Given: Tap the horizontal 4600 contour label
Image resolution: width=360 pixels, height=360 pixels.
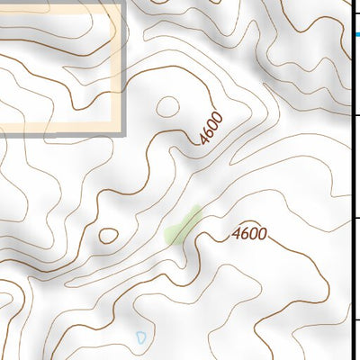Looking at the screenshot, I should click(x=249, y=234).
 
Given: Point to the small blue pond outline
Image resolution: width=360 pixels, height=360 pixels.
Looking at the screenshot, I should click(x=141, y=337).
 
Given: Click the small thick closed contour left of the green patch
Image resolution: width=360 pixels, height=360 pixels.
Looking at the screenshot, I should click(x=108, y=236).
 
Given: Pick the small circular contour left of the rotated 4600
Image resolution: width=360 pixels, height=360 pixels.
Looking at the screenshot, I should click(x=167, y=107).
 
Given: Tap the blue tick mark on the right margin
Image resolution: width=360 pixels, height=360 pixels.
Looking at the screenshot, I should click(x=357, y=34).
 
